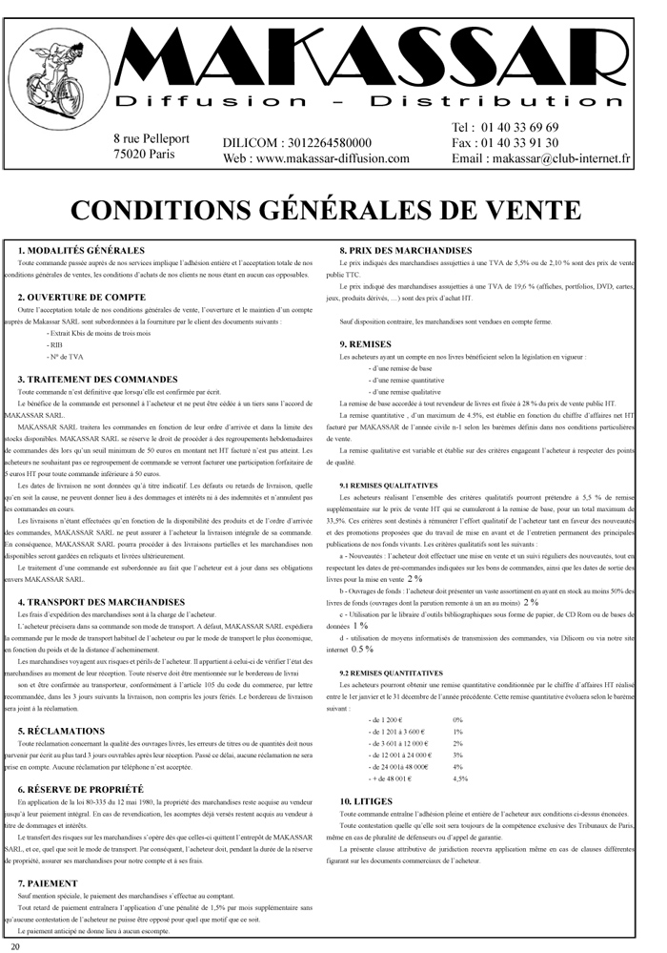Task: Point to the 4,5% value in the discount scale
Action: pos(460,778)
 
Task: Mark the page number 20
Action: pos(16,945)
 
